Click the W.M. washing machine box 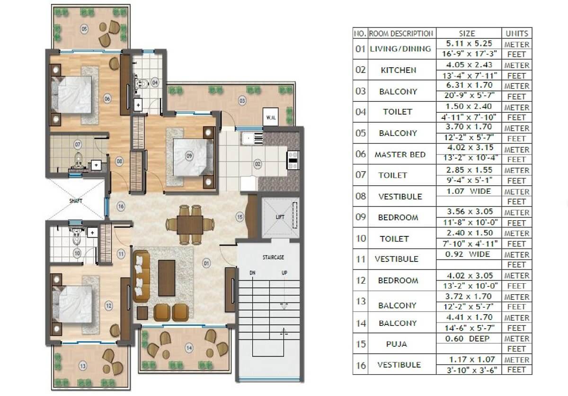pyautogui.click(x=271, y=117)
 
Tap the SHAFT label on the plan pyautogui.click(x=76, y=201)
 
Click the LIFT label pyautogui.click(x=280, y=217)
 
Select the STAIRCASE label pyautogui.click(x=273, y=257)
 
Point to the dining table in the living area pyautogui.click(x=190, y=225)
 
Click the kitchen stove pyautogui.click(x=293, y=160)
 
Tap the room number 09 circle pyautogui.click(x=189, y=156)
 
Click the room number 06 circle pyautogui.click(x=107, y=99)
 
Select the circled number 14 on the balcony pyautogui.click(x=189, y=348)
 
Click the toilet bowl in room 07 pyautogui.click(x=79, y=159)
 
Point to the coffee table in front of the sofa pyautogui.click(x=167, y=278)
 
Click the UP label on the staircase pyautogui.click(x=284, y=273)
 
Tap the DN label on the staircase pyautogui.click(x=252, y=273)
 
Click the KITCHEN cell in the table pyautogui.click(x=399, y=70)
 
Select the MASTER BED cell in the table pyautogui.click(x=400, y=154)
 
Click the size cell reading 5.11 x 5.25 pyautogui.click(x=469, y=44)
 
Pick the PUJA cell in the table pyautogui.click(x=396, y=344)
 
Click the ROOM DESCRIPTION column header pyautogui.click(x=401, y=34)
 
